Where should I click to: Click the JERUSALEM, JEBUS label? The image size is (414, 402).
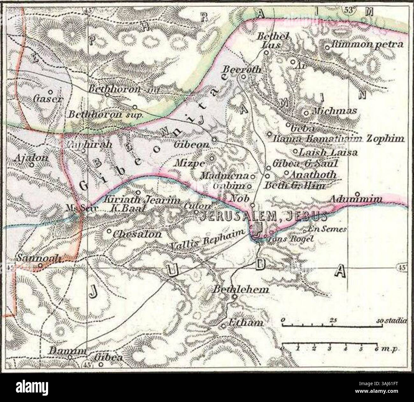point(263,216)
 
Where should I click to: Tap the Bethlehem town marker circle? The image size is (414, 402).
point(235,297)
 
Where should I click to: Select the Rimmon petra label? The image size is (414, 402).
point(367,44)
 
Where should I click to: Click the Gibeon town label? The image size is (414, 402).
point(191,144)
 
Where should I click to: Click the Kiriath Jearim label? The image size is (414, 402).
point(142,201)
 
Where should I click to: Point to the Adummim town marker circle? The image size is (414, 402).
point(357,194)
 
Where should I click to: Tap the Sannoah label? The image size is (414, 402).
point(39,258)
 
